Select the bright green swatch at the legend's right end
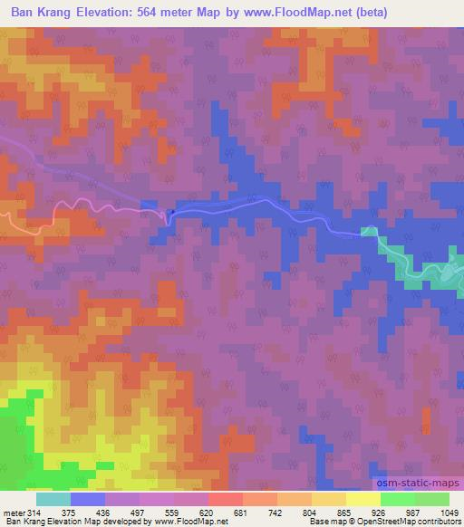click(431, 499)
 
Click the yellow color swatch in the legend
click(362, 499)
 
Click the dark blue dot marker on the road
click(169, 214)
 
